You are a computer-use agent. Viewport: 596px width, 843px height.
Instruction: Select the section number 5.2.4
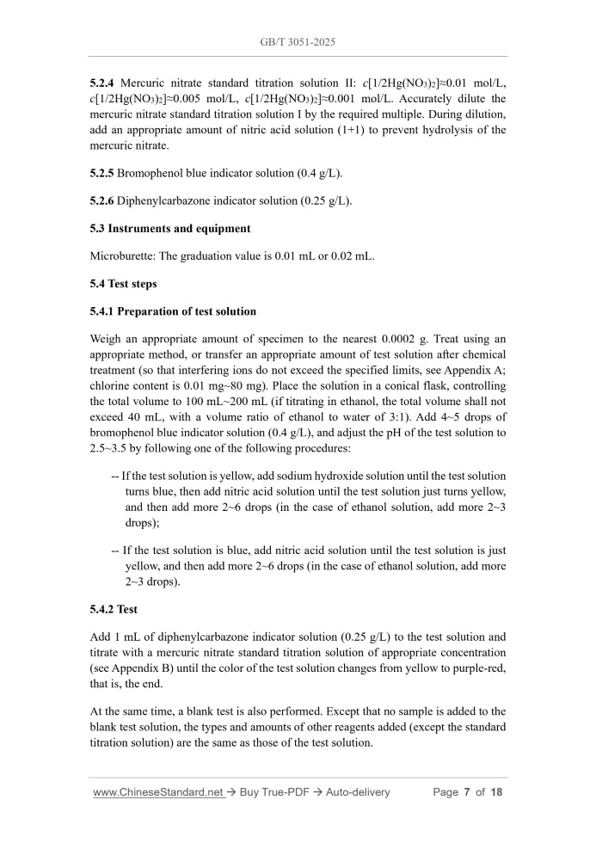click(x=103, y=83)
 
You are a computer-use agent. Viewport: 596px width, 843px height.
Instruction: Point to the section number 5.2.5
click(x=102, y=173)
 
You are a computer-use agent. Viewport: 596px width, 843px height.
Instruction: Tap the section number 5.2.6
click(x=102, y=201)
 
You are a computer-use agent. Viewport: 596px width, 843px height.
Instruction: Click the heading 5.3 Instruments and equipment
click(x=170, y=229)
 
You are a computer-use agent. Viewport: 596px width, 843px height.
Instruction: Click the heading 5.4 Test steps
click(x=124, y=284)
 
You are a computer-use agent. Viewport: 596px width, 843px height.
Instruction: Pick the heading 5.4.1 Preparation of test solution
click(x=173, y=311)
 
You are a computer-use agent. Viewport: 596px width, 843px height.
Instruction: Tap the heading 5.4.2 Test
click(x=114, y=609)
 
